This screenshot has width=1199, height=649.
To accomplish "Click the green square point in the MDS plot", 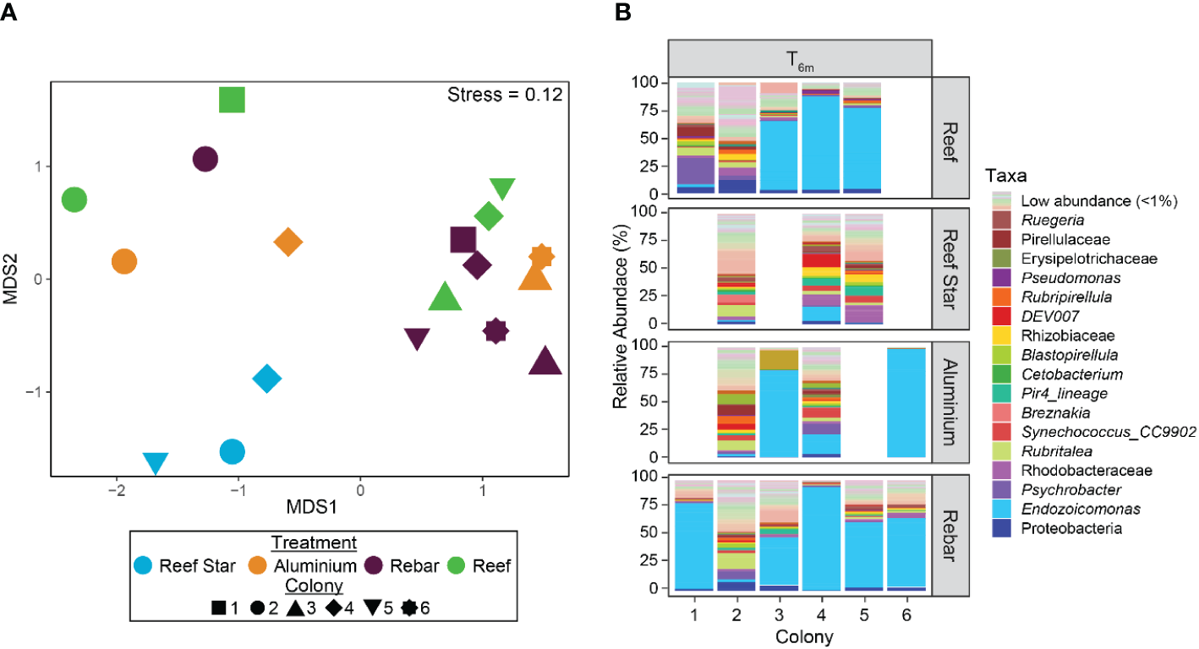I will point(232,100).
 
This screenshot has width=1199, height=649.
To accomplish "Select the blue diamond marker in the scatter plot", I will point(266,379).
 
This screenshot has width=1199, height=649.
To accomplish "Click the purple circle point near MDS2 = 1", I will point(205,159).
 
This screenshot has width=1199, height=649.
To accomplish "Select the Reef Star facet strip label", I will point(948,268).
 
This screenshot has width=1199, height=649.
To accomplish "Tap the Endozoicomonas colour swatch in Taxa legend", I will point(1005,510).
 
